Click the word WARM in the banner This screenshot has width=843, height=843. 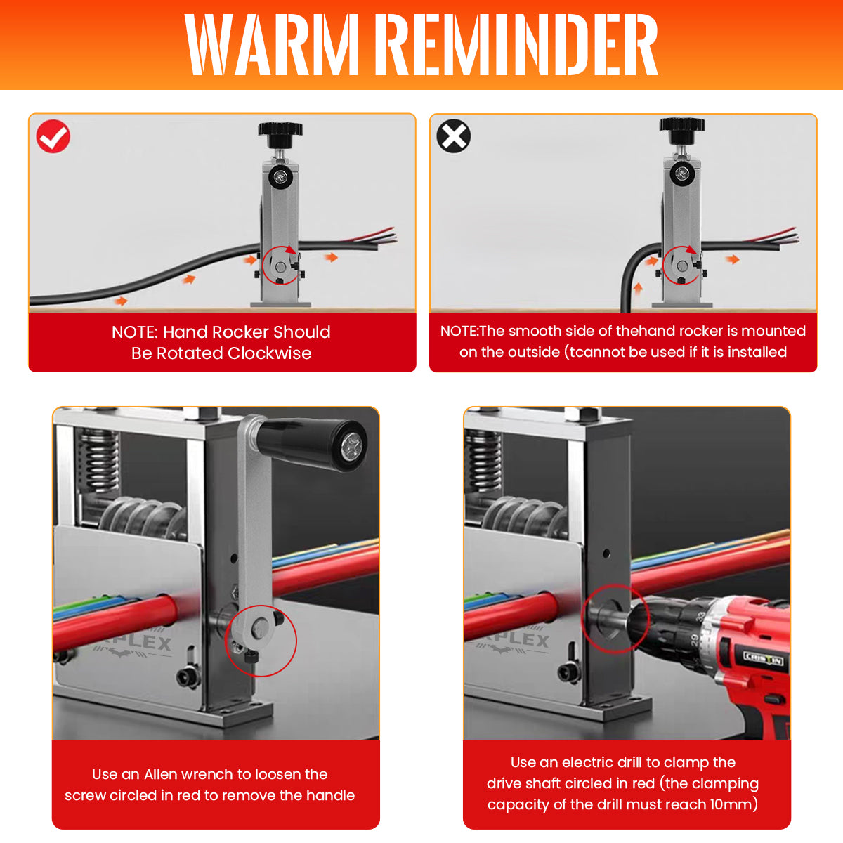272,45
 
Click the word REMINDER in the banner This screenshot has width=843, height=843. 521,45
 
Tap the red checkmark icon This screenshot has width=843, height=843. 53,136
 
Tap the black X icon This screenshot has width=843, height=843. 454,136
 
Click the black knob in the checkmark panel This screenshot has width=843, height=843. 280,134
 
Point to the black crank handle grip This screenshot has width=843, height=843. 312,444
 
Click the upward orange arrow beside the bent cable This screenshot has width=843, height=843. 638,289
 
